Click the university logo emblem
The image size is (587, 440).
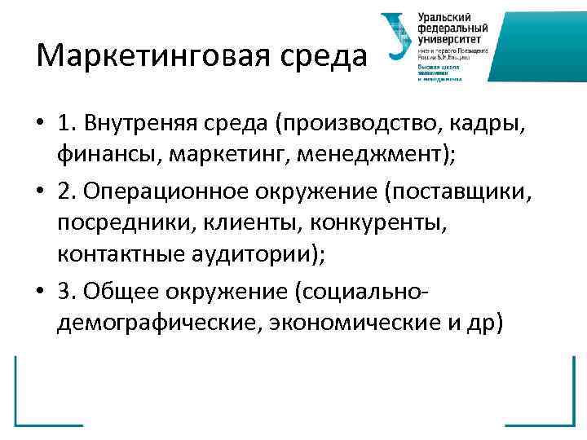pos(397,37)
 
